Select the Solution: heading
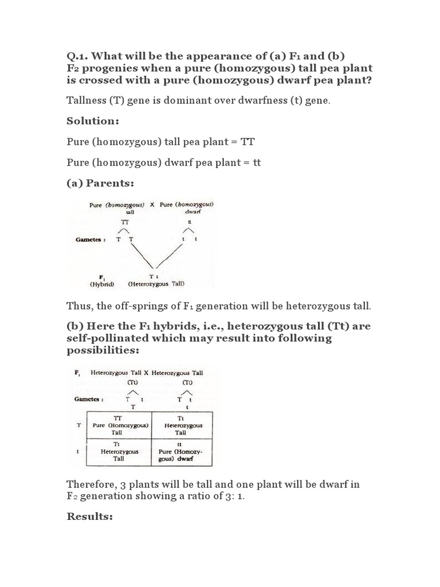click(x=92, y=122)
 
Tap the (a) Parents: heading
click(x=100, y=183)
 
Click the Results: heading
click(x=89, y=516)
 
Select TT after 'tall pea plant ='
click(x=254, y=142)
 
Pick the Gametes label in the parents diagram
click(x=90, y=239)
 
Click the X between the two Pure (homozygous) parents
click(x=152, y=205)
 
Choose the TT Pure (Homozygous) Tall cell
click(x=119, y=426)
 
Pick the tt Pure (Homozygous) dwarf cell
click(x=181, y=451)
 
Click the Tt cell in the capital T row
click(x=181, y=426)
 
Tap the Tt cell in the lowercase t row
click(x=119, y=451)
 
